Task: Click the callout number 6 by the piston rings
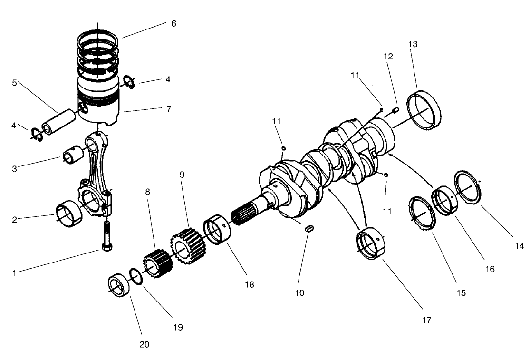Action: (x=173, y=23)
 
